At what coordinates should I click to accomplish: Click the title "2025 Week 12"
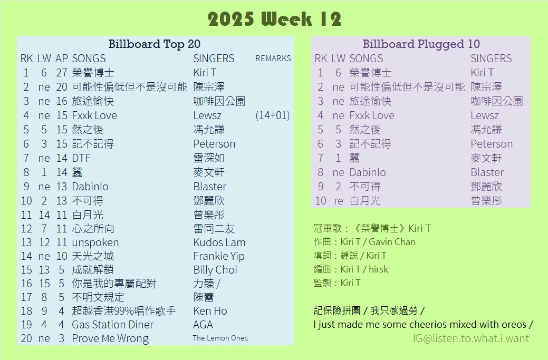coord(274,19)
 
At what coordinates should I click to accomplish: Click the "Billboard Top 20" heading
coord(154,44)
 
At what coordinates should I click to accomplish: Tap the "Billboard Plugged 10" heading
coord(421,44)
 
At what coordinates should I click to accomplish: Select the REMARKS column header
coord(273,59)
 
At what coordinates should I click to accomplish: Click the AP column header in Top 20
coord(62,59)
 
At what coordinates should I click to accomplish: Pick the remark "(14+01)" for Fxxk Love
coord(273,115)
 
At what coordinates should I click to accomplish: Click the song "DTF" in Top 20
coord(81,158)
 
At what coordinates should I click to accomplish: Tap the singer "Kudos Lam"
coord(219,242)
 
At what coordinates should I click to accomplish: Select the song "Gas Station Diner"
coord(112,325)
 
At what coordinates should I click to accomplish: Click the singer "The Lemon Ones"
coord(220,338)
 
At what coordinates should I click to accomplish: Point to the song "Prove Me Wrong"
coord(110,339)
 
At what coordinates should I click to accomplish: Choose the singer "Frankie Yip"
coord(219,257)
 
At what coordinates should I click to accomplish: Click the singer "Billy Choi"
coord(215,270)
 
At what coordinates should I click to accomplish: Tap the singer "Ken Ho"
coord(210,311)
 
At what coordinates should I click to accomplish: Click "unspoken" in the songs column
coord(95,242)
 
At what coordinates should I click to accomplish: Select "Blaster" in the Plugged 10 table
coord(487,172)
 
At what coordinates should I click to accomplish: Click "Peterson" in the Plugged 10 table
coord(492,144)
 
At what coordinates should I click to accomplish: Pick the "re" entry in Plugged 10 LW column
coord(338,201)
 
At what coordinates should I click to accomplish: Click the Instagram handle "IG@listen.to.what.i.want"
coord(471,338)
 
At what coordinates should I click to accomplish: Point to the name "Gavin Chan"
coord(392,242)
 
